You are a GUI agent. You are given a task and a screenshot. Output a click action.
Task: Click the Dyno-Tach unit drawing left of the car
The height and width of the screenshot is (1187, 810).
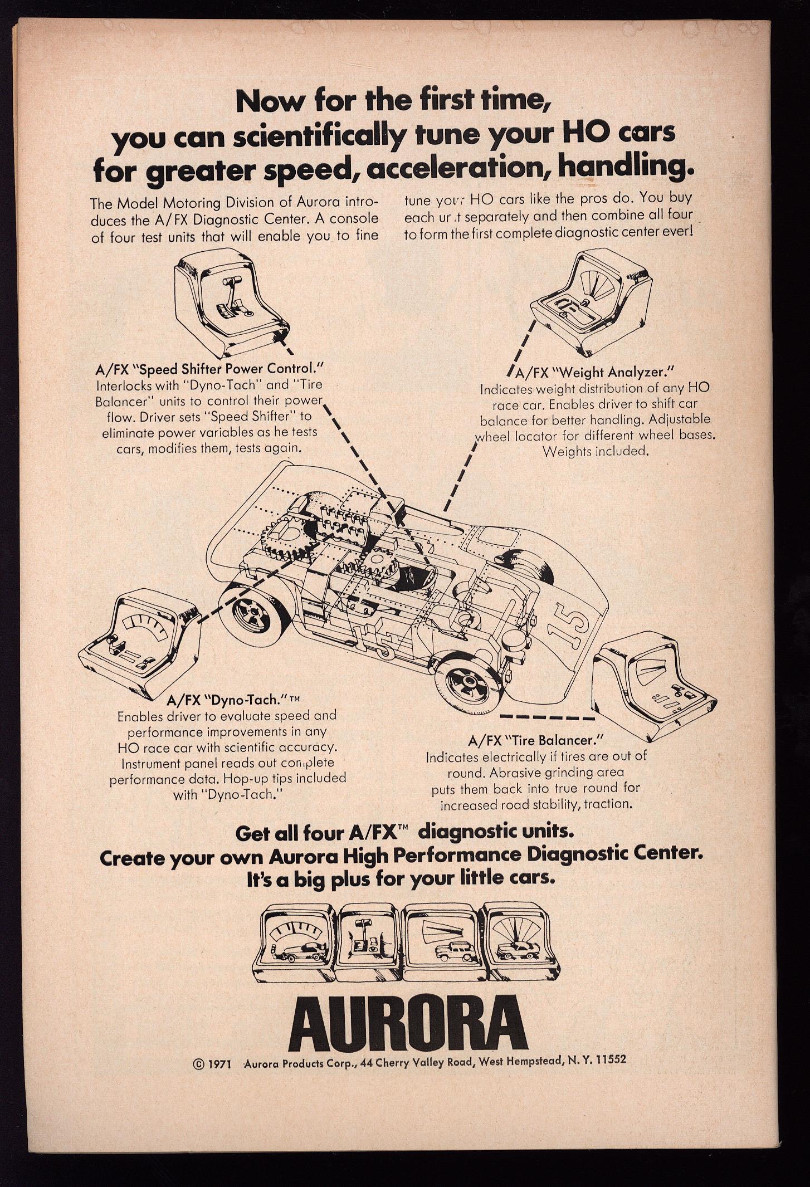coord(140,638)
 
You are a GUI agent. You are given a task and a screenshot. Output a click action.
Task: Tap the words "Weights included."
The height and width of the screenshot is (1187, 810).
coord(596,450)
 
